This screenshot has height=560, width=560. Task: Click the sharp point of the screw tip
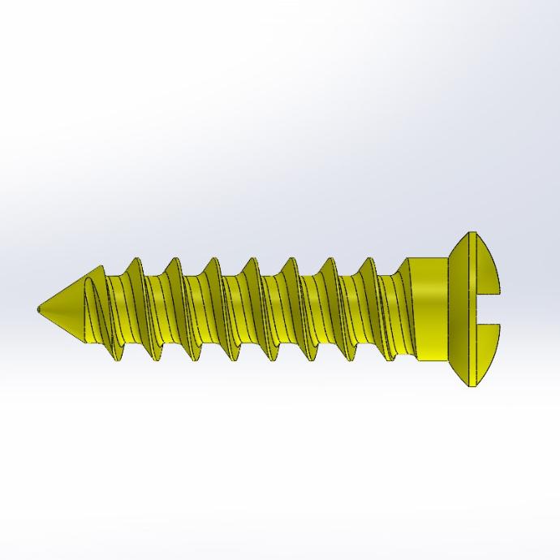click(x=38, y=308)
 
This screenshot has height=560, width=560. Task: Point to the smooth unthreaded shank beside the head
click(x=430, y=308)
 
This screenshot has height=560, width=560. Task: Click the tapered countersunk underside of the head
click(x=459, y=308)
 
